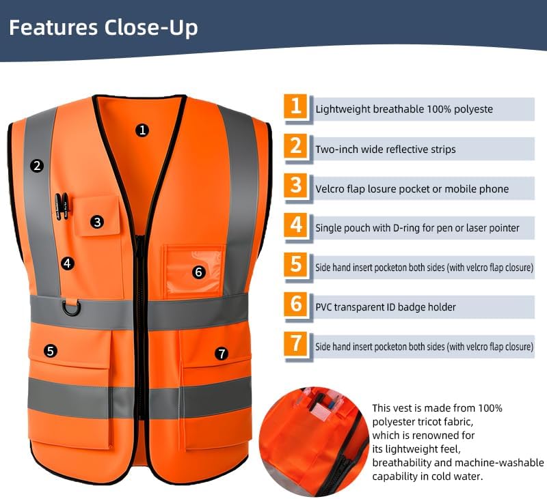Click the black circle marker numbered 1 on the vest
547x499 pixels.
(142, 130)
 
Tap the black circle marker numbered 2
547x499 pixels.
(37, 165)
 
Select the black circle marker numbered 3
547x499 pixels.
(98, 221)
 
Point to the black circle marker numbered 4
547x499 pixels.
(66, 262)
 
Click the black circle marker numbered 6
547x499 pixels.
(199, 272)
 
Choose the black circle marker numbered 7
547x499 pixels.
(221, 353)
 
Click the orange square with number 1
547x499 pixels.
(295, 107)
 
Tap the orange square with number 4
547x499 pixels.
(295, 226)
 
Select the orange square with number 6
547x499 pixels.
(295, 305)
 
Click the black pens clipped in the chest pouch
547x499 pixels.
(62, 207)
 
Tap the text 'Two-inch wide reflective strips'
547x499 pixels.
(385, 149)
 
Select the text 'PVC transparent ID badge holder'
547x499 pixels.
(386, 307)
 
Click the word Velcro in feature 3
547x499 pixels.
(331, 188)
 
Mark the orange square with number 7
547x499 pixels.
(295, 345)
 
